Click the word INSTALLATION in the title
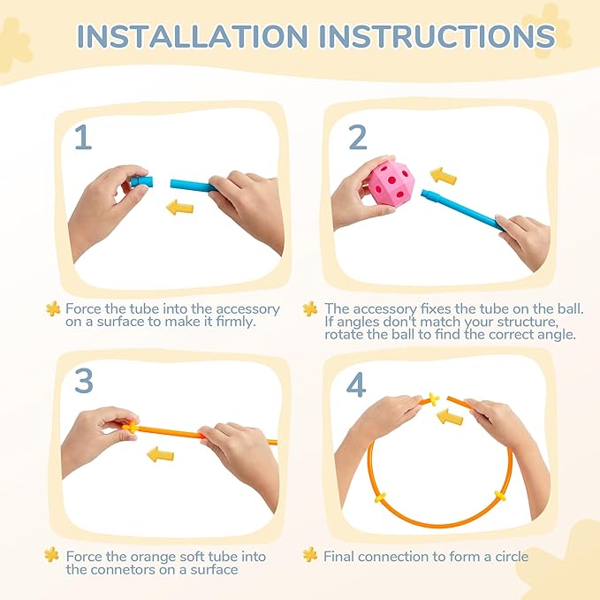(192, 36)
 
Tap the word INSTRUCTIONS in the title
(437, 36)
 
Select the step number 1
(83, 137)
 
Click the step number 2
(358, 137)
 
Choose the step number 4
(356, 384)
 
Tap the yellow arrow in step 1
(180, 208)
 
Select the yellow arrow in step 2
(444, 177)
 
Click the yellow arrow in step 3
(160, 454)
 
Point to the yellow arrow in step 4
(450, 417)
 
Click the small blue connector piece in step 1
(141, 181)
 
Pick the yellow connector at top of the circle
(434, 399)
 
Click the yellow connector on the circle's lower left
(380, 497)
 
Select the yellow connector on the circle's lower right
(500, 496)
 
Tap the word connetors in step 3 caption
(131, 570)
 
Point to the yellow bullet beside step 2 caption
(310, 308)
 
